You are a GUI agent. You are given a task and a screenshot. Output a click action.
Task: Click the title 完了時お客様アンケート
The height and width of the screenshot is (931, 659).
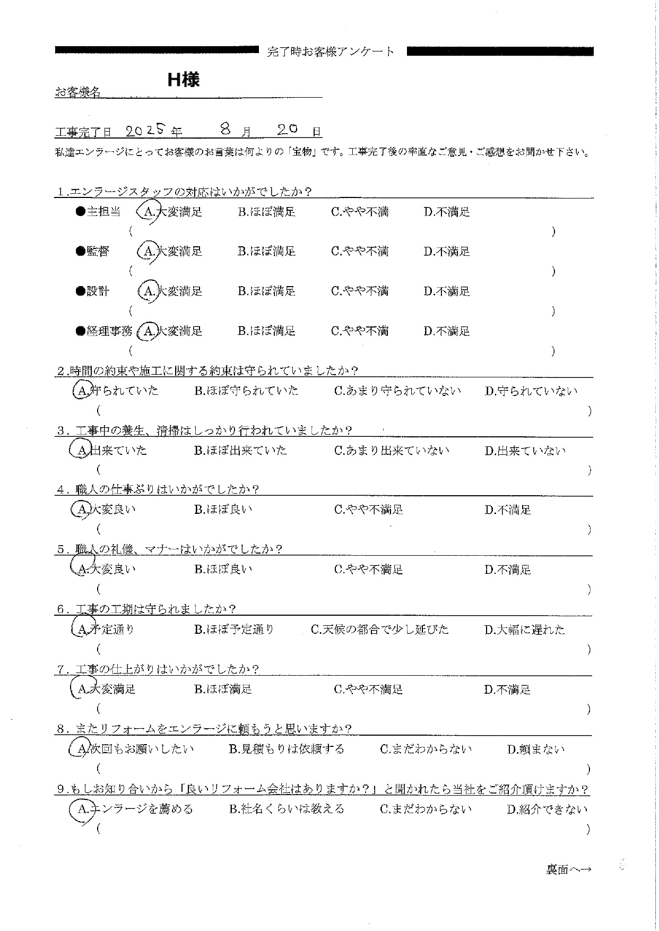click(331, 51)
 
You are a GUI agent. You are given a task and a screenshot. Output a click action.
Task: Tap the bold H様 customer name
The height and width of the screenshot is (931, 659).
click(183, 80)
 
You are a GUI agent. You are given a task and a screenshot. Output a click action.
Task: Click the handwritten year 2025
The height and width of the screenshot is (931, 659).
click(146, 131)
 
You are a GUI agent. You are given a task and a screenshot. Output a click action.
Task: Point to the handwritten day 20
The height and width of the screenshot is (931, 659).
click(289, 130)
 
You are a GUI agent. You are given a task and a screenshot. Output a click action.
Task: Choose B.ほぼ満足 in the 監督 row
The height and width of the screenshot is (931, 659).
click(266, 252)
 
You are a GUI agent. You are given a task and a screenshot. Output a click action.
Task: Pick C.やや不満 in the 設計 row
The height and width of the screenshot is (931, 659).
click(360, 291)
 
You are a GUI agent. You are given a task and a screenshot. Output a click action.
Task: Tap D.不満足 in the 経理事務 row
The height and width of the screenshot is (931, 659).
click(447, 332)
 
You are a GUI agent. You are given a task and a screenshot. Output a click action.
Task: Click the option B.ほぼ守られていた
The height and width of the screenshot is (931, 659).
click(246, 391)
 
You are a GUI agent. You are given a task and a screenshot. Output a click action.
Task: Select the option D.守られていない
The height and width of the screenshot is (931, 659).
click(531, 392)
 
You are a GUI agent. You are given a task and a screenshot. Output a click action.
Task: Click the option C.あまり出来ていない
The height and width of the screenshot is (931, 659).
click(392, 451)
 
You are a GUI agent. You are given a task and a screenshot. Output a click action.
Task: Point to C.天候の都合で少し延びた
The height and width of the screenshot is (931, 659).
click(380, 630)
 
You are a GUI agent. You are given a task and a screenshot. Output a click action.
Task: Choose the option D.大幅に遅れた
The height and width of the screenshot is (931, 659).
click(525, 631)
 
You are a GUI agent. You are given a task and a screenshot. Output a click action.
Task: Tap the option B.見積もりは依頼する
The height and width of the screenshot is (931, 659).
click(287, 749)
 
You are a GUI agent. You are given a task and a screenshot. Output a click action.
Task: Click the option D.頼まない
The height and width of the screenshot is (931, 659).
click(536, 750)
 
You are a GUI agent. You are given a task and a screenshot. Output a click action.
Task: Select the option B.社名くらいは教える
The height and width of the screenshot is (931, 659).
click(287, 809)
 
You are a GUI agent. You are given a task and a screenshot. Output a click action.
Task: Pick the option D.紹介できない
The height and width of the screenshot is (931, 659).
click(547, 810)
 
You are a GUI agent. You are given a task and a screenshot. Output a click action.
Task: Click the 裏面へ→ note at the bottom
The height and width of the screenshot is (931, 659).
click(569, 869)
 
